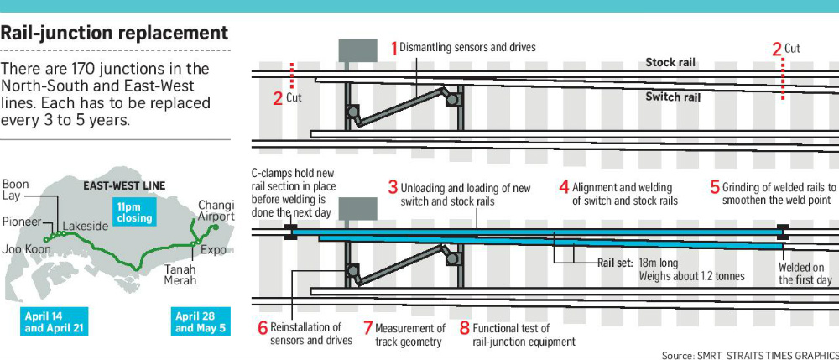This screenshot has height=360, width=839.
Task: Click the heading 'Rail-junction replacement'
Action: (115, 34)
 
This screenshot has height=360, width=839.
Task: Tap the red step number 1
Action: (394, 49)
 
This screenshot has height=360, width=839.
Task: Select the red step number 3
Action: (392, 187)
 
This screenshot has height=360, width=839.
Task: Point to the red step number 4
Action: (565, 187)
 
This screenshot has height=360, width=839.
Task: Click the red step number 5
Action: (715, 187)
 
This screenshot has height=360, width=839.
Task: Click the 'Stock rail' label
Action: (670, 63)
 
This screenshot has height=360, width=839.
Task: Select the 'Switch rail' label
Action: (673, 97)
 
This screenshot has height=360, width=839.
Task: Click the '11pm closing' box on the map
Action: (135, 212)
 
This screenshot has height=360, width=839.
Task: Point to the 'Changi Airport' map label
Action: (216, 211)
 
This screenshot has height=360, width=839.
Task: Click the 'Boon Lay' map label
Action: (16, 190)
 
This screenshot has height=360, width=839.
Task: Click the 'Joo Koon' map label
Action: (23, 249)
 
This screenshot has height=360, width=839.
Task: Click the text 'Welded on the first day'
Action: (805, 274)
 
